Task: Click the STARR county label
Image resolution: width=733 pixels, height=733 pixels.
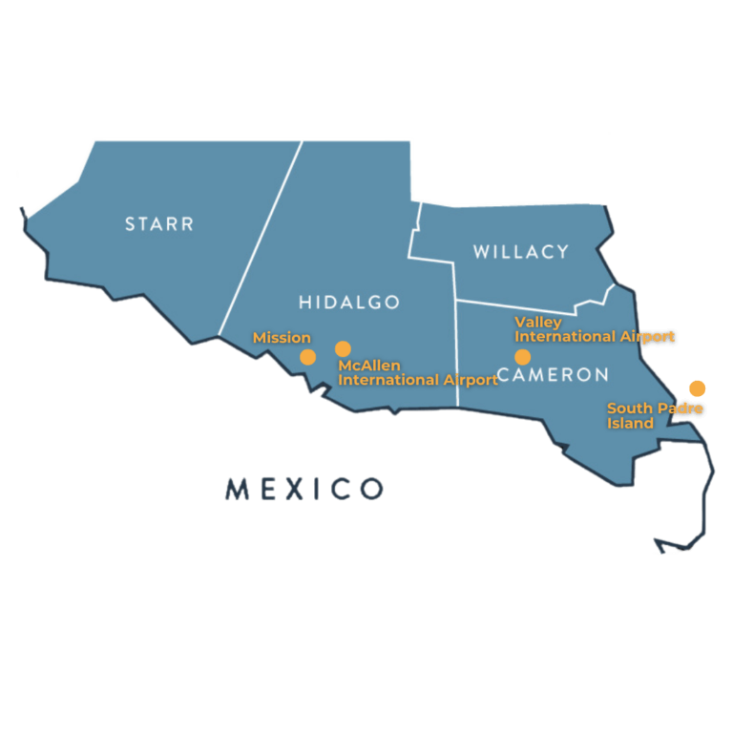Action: [x=159, y=224]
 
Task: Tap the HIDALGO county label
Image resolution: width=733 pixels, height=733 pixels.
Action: [x=349, y=303]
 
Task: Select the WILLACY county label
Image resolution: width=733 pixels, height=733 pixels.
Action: [x=521, y=252]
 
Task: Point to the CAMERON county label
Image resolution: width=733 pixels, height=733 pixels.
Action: [x=554, y=375]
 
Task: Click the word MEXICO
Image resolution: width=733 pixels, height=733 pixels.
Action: [x=304, y=490]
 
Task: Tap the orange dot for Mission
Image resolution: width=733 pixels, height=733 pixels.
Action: [x=307, y=357]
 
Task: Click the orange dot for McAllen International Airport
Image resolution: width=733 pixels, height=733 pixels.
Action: [x=343, y=349]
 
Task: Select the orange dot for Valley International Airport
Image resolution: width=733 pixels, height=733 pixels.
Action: [x=522, y=357]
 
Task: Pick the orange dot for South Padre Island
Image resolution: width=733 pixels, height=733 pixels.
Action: [x=698, y=388]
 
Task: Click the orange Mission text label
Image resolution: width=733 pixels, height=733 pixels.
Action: [x=282, y=338]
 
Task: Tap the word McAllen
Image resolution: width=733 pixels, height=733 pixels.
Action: [x=369, y=366]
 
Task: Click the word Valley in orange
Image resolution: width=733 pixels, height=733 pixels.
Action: [x=538, y=323]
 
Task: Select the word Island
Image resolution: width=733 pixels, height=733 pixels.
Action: [x=630, y=423]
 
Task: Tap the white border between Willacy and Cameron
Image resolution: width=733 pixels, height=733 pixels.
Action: [x=515, y=306]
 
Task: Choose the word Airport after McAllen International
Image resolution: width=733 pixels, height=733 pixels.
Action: [x=470, y=380]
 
